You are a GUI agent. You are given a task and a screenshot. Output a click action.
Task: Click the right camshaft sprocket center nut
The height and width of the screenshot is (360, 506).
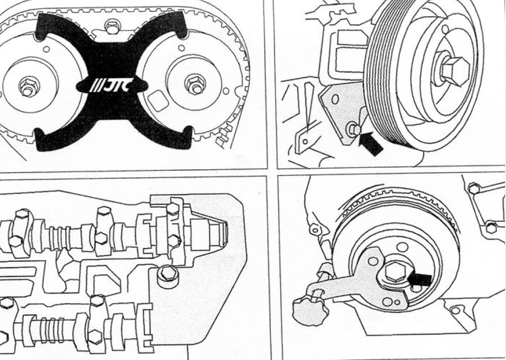tap(195, 84)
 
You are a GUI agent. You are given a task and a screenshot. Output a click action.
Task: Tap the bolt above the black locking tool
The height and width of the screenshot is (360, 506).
tap(112, 27)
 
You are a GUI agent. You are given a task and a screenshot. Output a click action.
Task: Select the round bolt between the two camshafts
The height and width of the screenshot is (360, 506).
tap(168, 273)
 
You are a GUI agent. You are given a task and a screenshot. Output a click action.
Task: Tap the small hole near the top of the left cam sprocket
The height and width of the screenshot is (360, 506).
tap(47, 49)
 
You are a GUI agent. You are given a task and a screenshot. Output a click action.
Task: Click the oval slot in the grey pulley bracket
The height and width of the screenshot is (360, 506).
tap(335, 99)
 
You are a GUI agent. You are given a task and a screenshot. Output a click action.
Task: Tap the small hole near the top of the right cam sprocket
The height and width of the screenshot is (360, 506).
tap(181, 48)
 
